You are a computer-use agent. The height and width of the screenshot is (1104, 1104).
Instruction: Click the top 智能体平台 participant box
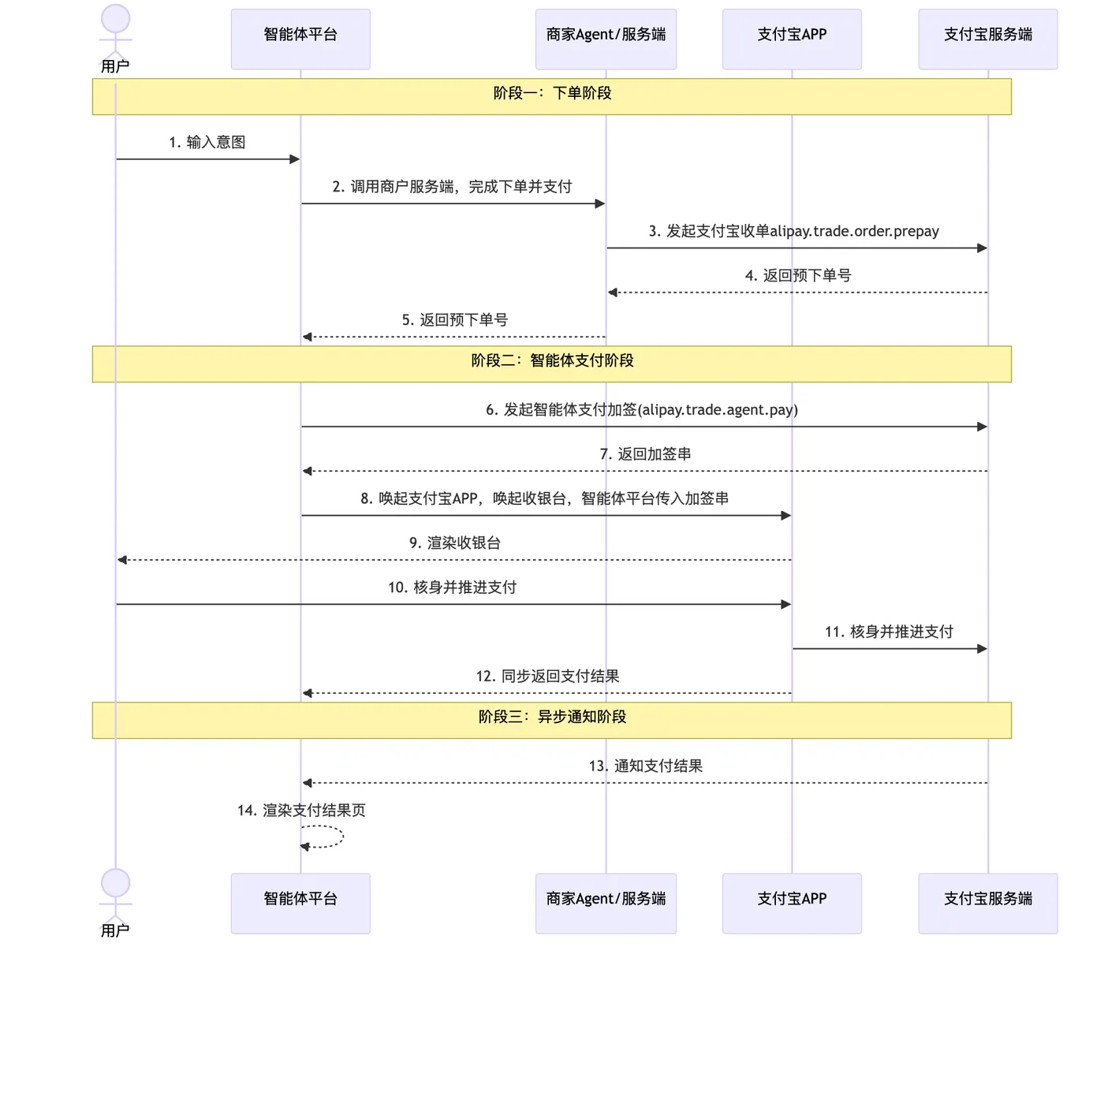coord(300,39)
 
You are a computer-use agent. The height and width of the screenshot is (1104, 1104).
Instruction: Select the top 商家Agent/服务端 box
coord(606,39)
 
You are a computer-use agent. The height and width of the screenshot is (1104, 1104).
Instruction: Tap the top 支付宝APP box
coord(792,39)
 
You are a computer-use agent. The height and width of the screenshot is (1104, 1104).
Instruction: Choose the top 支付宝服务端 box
coord(988,39)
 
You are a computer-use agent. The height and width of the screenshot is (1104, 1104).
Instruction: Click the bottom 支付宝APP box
coord(792,904)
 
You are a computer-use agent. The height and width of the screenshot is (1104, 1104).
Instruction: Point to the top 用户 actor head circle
coord(116,18)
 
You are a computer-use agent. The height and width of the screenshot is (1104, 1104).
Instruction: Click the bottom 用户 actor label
coord(115,931)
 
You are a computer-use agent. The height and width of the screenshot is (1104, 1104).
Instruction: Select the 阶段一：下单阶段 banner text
coord(552,93)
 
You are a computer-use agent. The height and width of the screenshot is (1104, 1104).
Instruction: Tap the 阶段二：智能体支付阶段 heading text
coord(552,360)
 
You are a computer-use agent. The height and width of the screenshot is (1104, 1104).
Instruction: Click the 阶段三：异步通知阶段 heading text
coord(552,717)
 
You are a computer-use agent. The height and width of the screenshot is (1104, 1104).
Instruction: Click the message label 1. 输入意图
coord(207,142)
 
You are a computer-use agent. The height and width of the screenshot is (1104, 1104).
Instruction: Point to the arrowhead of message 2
coord(600,203)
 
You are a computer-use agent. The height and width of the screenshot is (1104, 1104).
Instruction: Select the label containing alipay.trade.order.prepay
coord(793,231)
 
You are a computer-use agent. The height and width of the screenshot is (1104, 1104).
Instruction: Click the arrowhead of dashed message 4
coord(613,293)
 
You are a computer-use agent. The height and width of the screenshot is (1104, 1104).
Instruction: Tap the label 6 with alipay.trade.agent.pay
coord(642,409)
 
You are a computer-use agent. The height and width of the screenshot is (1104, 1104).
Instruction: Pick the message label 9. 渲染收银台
coord(455,543)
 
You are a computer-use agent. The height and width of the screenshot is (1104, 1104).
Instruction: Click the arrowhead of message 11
coord(982,648)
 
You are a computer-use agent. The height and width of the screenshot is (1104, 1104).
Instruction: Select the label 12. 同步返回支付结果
coord(548,676)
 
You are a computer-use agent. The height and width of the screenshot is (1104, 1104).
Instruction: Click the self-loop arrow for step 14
coord(342,837)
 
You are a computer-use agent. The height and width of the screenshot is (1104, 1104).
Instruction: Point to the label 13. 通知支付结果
coord(646,766)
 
